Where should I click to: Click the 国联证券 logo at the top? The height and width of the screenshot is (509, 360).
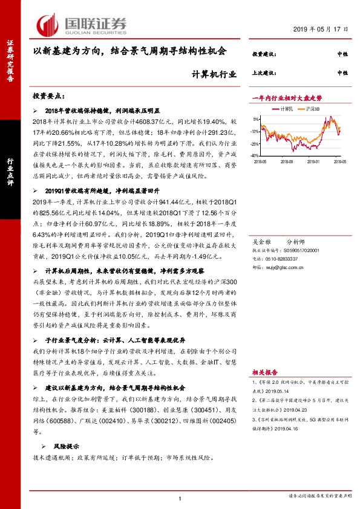click(82, 24)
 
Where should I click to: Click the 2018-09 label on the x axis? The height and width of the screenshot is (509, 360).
click(287, 161)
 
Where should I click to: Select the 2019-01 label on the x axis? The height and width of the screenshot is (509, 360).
click(315, 161)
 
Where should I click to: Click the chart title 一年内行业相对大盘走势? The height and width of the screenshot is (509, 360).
click(287, 97)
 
